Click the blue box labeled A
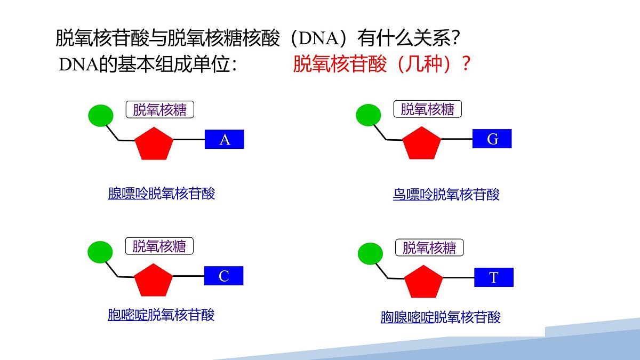pyautogui.click(x=225, y=140)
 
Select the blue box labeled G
pyautogui.click(x=492, y=139)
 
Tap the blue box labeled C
pyautogui.click(x=224, y=276)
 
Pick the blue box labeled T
pyautogui.click(x=494, y=277)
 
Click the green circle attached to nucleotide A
pyautogui.click(x=100, y=115)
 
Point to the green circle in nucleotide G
pyautogui.click(x=368, y=115)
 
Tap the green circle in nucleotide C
pyautogui.click(x=100, y=252)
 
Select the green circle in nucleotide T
pyautogui.click(x=370, y=253)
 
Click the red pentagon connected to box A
pyautogui.click(x=154, y=143)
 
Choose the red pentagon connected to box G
pyautogui.click(x=421, y=143)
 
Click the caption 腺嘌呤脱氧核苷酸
pyautogui.click(x=162, y=194)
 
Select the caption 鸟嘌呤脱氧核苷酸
pyautogui.click(x=446, y=195)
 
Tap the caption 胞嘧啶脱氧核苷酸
pyautogui.click(x=161, y=315)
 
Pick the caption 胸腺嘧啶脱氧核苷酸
pyautogui.click(x=441, y=317)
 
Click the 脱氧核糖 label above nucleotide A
pyautogui.click(x=160, y=110)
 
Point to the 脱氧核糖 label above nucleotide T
pyautogui.click(x=429, y=247)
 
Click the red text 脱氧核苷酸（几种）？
pyautogui.click(x=382, y=65)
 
